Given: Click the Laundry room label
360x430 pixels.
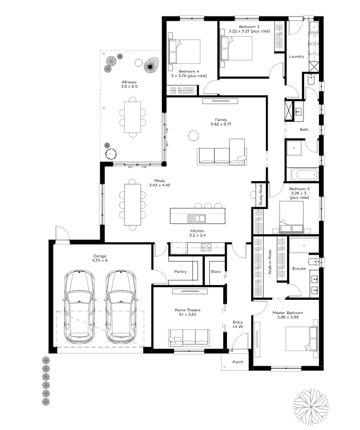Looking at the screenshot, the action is click(x=297, y=57).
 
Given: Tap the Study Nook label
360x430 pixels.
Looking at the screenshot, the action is click(x=261, y=195).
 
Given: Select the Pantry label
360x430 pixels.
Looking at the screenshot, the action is click(x=180, y=271).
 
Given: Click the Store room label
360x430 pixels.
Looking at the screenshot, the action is click(x=216, y=271).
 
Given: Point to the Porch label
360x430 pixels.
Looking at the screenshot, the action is click(x=238, y=362).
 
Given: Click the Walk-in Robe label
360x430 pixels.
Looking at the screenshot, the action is click(x=270, y=262).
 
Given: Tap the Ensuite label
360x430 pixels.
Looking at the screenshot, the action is click(x=299, y=269).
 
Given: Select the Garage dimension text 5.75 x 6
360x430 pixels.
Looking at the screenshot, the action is click(x=100, y=260).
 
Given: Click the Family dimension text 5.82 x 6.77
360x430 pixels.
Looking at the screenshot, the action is click(x=221, y=124).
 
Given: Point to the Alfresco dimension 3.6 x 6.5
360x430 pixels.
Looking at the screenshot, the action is click(x=129, y=87).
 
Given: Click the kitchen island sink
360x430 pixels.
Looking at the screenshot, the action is click(x=196, y=218).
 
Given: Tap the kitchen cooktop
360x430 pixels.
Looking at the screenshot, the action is click(x=206, y=247).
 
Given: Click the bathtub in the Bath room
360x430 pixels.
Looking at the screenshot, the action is click(x=304, y=174).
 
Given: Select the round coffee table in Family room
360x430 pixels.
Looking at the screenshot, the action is click(x=193, y=136).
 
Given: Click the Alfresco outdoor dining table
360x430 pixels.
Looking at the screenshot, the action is click(x=132, y=117).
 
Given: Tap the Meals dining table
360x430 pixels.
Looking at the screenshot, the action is click(x=132, y=204).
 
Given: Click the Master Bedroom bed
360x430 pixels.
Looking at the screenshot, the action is click(x=301, y=339).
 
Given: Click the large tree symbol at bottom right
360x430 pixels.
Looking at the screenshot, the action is click(x=311, y=407).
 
